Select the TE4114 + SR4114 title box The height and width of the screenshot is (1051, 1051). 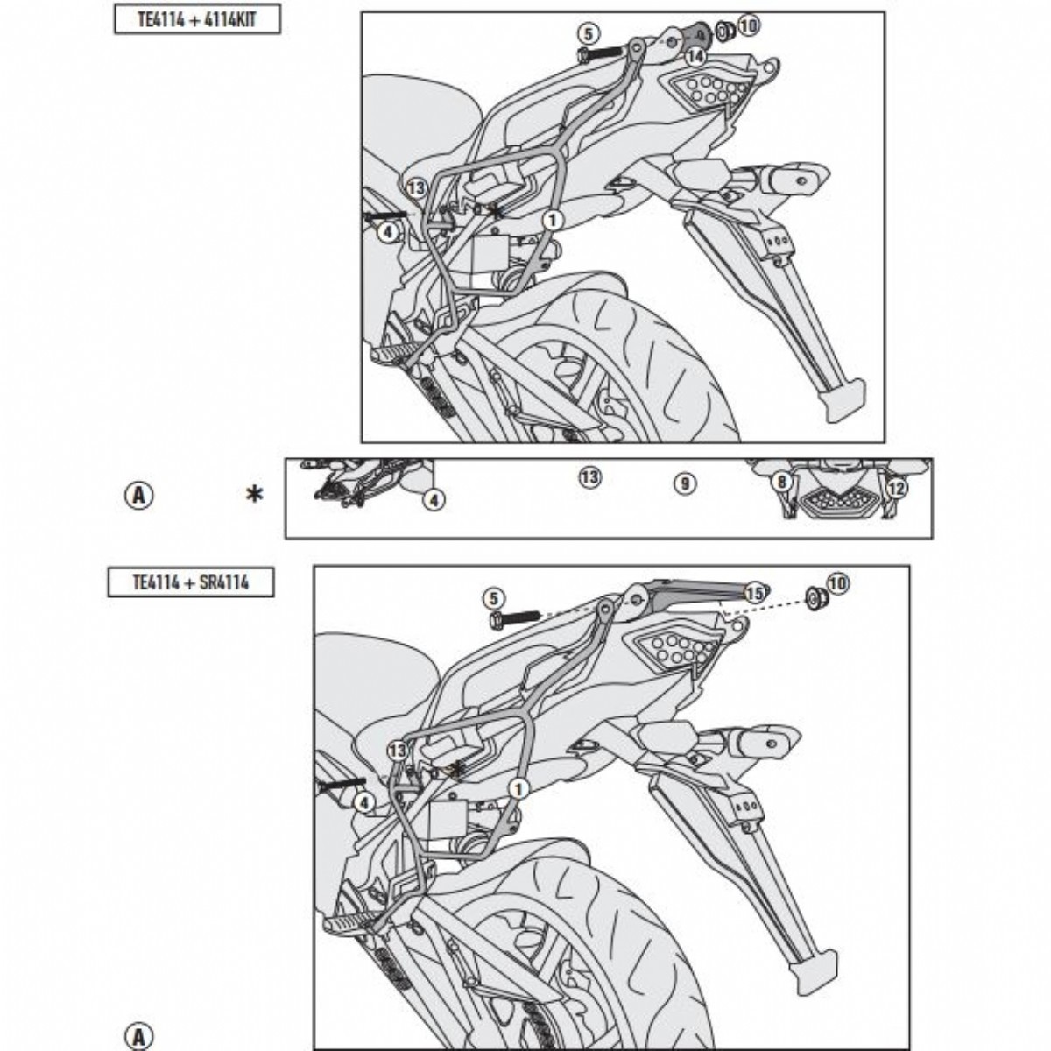pyautogui.click(x=191, y=582)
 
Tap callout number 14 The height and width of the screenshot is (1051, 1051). pyautogui.click(x=695, y=56)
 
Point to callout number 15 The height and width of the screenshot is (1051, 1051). pyautogui.click(x=755, y=594)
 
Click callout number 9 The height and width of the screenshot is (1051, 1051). pyautogui.click(x=685, y=483)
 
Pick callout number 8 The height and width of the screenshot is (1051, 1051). pyautogui.click(x=781, y=482)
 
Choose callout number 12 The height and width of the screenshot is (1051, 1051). pyautogui.click(x=896, y=488)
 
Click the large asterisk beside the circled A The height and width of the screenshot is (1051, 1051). pyautogui.click(x=254, y=495)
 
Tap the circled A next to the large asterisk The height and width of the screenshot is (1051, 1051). pyautogui.click(x=139, y=496)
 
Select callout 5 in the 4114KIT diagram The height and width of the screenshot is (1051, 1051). pyautogui.click(x=588, y=34)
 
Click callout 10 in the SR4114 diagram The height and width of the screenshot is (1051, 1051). pyautogui.click(x=838, y=583)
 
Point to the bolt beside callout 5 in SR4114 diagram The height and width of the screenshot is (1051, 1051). pyautogui.click(x=514, y=618)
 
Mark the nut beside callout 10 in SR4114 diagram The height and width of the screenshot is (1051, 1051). pyautogui.click(x=816, y=598)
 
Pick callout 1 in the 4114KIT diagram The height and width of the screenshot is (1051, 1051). pyautogui.click(x=553, y=221)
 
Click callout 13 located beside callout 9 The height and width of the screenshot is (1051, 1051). pyautogui.click(x=589, y=478)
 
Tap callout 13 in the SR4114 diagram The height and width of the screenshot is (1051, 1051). pyautogui.click(x=398, y=751)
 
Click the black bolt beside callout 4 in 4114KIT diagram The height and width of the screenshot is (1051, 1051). pyautogui.click(x=386, y=215)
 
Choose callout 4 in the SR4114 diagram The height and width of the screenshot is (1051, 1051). pyautogui.click(x=364, y=802)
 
